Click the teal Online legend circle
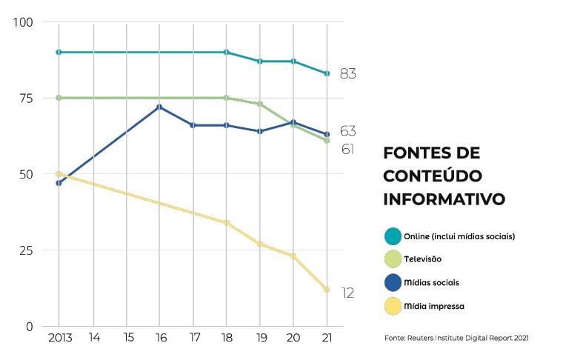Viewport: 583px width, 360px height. (393, 236)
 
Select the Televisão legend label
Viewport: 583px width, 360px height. (423, 259)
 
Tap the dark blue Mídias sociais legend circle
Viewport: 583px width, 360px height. (393, 282)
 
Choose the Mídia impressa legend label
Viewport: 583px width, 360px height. (434, 305)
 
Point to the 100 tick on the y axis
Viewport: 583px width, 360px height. (24, 22)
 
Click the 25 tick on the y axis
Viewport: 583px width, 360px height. (26, 250)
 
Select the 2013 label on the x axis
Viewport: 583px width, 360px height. (59, 339)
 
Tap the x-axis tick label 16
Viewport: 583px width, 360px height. (159, 339)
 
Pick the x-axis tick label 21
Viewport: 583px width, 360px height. (327, 339)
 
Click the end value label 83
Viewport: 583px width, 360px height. (348, 73)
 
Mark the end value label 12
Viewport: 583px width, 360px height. (347, 293)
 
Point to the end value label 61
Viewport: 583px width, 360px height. (347, 150)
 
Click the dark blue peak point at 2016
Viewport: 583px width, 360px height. (159, 107)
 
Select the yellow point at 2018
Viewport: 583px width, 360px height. (227, 222)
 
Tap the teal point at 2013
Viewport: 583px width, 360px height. (59, 52)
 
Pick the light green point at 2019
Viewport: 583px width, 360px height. (260, 104)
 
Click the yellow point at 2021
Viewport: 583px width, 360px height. (327, 290)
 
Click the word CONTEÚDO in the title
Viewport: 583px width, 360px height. (433, 176)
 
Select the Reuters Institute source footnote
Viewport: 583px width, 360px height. (456, 339)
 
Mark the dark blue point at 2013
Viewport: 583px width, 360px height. (59, 183)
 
